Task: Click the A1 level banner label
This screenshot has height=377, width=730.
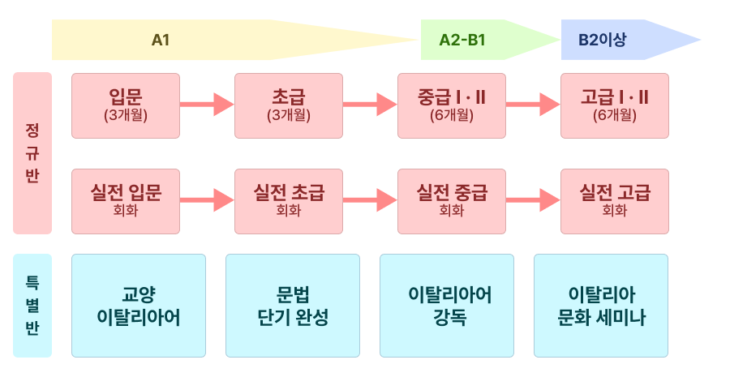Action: click(161, 40)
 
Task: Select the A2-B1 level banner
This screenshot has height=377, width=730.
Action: click(462, 40)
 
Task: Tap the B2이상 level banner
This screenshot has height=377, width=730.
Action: click(602, 40)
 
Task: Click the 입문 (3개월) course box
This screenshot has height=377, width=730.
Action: click(126, 105)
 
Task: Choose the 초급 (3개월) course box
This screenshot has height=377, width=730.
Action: click(289, 105)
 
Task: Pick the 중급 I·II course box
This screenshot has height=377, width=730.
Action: click(452, 105)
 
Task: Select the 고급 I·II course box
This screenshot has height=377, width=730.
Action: click(615, 105)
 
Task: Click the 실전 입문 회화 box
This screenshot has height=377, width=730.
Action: click(126, 201)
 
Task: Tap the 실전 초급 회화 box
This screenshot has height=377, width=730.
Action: click(289, 201)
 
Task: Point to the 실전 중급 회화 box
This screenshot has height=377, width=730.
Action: click(452, 201)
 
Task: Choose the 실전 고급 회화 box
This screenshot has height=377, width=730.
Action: click(615, 201)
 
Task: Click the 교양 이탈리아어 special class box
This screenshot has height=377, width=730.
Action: click(139, 306)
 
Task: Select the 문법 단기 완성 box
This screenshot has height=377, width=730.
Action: click(293, 306)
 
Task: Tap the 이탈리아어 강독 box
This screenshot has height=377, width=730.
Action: click(447, 306)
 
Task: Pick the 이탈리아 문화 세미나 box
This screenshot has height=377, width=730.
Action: click(601, 306)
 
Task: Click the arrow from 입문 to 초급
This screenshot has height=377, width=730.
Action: click(207, 104)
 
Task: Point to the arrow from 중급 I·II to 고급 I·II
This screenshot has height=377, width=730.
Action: click(533, 104)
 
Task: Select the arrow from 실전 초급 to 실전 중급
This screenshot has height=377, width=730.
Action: click(370, 199)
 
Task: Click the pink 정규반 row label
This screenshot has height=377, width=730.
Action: click(32, 153)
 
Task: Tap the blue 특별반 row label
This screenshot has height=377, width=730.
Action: click(32, 306)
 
